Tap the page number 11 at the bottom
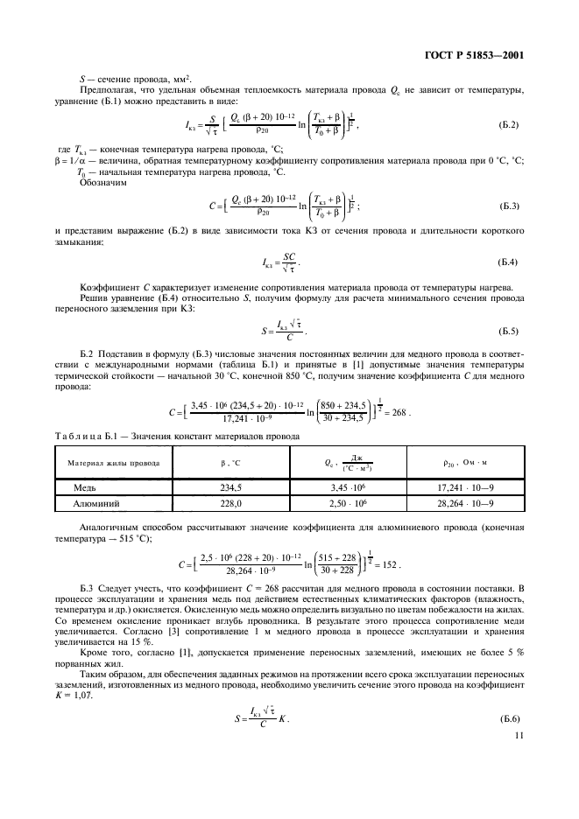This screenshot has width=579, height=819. point(519,737)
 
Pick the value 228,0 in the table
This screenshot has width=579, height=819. point(230,503)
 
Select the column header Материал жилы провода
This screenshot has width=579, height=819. point(102,464)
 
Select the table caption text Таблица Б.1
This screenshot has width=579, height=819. point(88,436)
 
